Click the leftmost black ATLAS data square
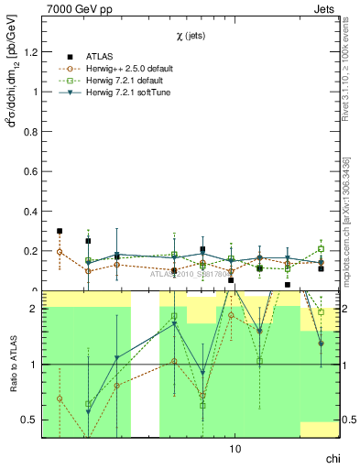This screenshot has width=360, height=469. pos(60,231)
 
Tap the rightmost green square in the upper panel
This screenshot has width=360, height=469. pos(321,249)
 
